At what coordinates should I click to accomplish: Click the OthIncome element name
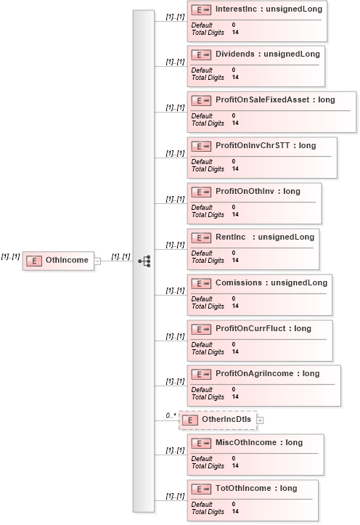67,260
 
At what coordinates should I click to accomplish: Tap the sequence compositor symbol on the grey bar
144,261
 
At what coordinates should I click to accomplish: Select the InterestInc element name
236,9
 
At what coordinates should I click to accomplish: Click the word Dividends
235,54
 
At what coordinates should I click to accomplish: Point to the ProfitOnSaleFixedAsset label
262,99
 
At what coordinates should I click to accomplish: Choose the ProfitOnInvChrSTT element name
253,145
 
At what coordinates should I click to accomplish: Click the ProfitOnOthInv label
245,191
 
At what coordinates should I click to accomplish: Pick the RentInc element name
231,237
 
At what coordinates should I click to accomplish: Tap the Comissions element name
239,282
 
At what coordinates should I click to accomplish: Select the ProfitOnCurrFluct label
250,328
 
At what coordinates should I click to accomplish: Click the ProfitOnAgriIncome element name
254,373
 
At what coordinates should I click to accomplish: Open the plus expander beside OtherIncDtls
260,420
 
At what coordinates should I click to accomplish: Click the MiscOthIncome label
246,442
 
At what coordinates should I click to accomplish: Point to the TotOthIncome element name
243,488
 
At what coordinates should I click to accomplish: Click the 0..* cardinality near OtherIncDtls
171,415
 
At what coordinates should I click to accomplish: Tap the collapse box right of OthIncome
97,261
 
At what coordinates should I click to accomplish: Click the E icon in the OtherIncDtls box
189,420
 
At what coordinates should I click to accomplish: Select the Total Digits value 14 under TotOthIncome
235,511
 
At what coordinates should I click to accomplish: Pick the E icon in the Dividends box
201,55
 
